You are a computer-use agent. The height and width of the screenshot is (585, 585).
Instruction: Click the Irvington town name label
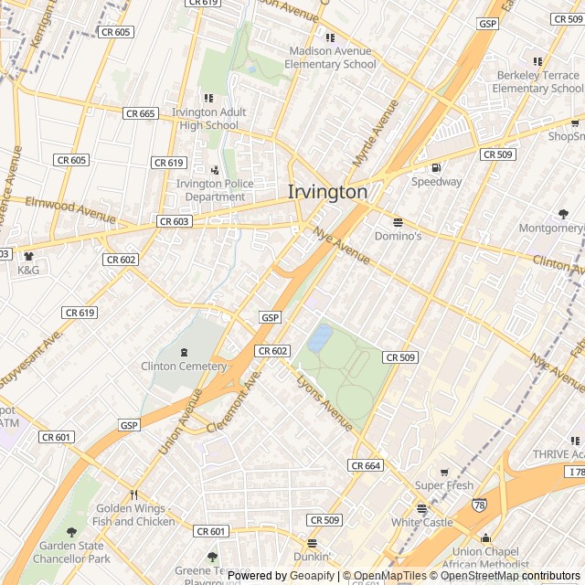[x=327, y=193]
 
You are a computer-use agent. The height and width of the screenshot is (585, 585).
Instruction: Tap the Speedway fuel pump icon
[x=436, y=167]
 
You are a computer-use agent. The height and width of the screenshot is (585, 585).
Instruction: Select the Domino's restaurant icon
[x=398, y=222]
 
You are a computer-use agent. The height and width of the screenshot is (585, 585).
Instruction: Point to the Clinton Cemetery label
[x=184, y=367]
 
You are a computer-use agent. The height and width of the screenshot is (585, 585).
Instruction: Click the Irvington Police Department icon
[x=215, y=170]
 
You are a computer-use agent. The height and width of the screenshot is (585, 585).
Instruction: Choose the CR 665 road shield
[x=141, y=113]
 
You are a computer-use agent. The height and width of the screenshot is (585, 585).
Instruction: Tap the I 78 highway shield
[x=574, y=472]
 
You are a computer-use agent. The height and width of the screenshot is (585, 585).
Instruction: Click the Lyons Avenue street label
[x=324, y=403]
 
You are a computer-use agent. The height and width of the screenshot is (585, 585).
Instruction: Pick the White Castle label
[x=422, y=522]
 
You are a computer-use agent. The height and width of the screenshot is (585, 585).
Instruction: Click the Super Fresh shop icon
[x=444, y=472]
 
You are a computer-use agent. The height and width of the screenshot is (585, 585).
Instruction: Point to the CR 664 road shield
[x=366, y=466]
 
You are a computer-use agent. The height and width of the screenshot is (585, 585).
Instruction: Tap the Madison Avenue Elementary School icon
[x=330, y=38]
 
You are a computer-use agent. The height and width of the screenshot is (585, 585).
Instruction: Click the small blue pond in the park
[x=320, y=338]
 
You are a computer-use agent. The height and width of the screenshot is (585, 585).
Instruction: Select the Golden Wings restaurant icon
[x=134, y=495]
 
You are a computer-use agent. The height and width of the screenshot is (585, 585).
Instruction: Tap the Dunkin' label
[x=312, y=556]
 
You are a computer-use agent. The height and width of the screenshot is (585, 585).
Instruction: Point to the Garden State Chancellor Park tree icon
[x=71, y=532]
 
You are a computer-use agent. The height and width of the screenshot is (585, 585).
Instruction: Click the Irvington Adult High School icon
[x=208, y=98]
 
